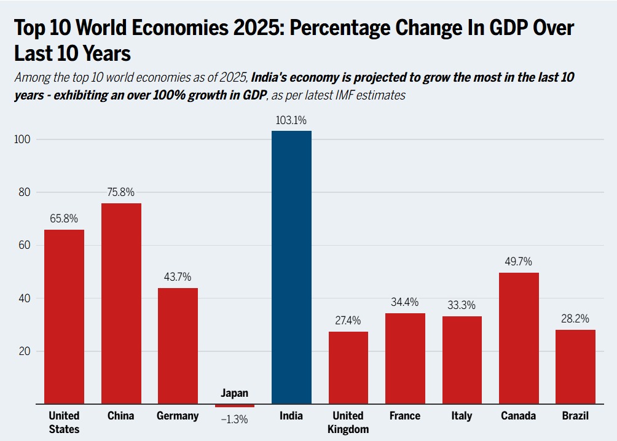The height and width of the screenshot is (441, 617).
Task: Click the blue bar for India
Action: (x=291, y=267)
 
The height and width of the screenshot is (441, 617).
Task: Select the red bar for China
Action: (x=121, y=303)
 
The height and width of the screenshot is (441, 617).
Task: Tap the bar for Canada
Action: (x=519, y=338)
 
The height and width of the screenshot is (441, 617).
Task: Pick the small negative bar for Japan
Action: (x=235, y=406)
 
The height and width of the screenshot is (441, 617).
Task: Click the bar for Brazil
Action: (x=575, y=367)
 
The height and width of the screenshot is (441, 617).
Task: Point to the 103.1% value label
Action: (x=291, y=120)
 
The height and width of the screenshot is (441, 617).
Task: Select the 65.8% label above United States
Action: (x=64, y=219)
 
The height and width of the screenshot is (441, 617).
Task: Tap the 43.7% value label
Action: (x=178, y=277)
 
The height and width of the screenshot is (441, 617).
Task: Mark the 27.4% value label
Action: (x=348, y=321)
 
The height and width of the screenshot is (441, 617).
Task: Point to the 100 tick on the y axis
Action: (x=23, y=139)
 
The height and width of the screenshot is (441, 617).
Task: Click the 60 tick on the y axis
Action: (x=25, y=246)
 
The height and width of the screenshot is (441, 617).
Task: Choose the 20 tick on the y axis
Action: (x=25, y=352)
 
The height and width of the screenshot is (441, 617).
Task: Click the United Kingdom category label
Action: (x=348, y=422)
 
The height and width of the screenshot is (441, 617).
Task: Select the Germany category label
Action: (x=178, y=416)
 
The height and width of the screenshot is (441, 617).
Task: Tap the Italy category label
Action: (x=462, y=416)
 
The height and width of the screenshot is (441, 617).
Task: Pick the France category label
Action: (x=405, y=416)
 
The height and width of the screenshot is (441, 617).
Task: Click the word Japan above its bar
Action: (x=234, y=394)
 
